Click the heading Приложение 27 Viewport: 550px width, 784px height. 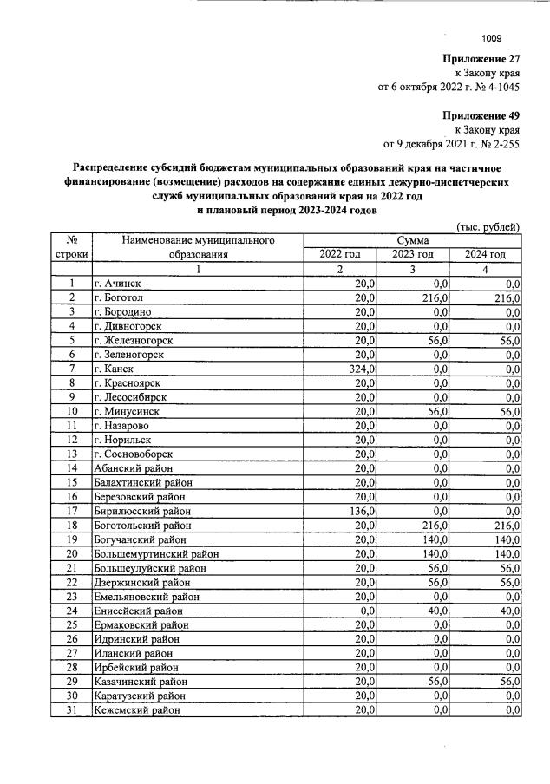click(x=481, y=59)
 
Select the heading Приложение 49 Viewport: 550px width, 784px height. click(x=481, y=115)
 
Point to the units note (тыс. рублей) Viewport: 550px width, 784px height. click(x=488, y=226)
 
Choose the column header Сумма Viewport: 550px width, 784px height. click(x=412, y=239)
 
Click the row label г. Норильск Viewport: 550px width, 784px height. click(x=121, y=439)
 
